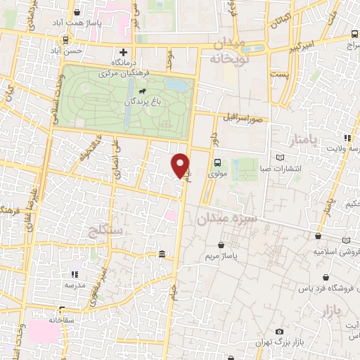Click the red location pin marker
point(181,165)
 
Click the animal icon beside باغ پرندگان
point(143,91)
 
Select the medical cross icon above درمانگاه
point(124,51)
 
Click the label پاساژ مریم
point(221,257)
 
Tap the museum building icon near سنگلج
point(162,254)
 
